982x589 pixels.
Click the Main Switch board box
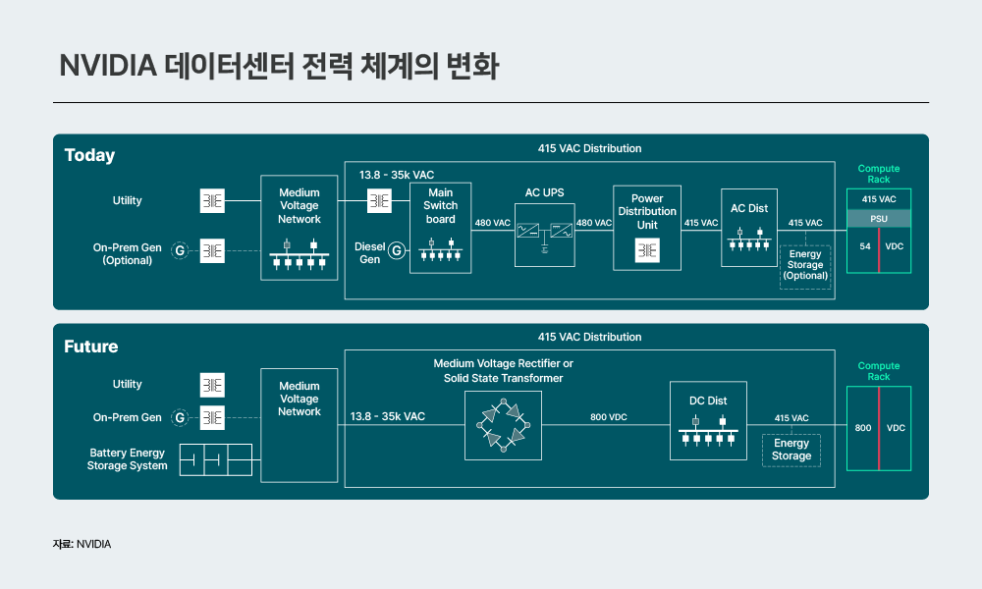[x=440, y=228]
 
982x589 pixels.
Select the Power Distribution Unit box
[x=647, y=227]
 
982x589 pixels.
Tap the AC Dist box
[x=748, y=227]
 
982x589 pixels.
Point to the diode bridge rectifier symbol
[x=503, y=424]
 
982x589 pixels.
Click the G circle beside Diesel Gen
[x=396, y=252]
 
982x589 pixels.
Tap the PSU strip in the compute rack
[x=878, y=218]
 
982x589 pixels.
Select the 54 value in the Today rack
[x=865, y=245]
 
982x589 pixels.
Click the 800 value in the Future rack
[x=863, y=428]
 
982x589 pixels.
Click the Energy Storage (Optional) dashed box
[x=805, y=265]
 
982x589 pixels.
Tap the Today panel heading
[x=89, y=155]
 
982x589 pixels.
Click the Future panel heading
[x=90, y=347]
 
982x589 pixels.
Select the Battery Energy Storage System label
[x=128, y=459]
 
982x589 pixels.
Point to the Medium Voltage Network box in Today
[x=299, y=228]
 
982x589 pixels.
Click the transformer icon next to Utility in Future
[x=212, y=385]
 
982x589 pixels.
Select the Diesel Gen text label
[x=369, y=252]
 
